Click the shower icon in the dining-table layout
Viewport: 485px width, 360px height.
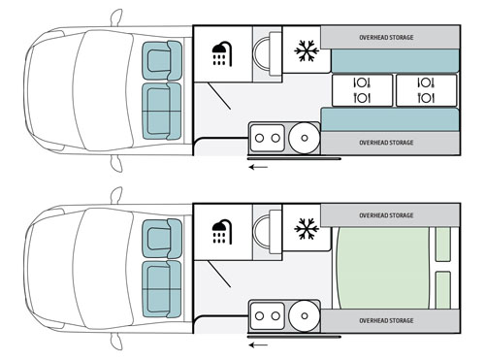[222, 53]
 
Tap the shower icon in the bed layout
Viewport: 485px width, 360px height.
[222, 232]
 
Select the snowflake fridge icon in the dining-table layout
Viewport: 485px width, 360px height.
[307, 50]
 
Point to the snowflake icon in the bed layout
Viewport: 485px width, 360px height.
[307, 229]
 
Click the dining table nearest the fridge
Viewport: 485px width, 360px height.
[362, 90]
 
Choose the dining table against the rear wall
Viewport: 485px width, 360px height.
[427, 90]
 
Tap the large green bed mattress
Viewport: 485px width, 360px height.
[382, 268]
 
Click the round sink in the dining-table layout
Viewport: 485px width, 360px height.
[304, 138]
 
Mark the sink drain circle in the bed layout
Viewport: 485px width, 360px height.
[305, 316]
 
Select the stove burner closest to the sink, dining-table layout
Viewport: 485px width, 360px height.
[275, 138]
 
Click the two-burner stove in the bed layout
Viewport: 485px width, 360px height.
[268, 316]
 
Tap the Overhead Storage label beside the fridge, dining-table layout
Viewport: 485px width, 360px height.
[386, 38]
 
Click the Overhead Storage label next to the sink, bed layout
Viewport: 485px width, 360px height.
[386, 320]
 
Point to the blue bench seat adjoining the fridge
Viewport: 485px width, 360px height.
[395, 61]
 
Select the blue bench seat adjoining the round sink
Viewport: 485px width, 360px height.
[390, 120]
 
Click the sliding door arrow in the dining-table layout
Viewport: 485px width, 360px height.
[258, 167]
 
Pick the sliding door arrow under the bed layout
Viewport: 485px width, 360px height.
[258, 345]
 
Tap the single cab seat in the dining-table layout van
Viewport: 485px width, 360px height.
[162, 60]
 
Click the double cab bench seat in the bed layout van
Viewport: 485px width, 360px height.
[162, 289]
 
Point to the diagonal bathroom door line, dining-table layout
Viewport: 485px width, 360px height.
[219, 96]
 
